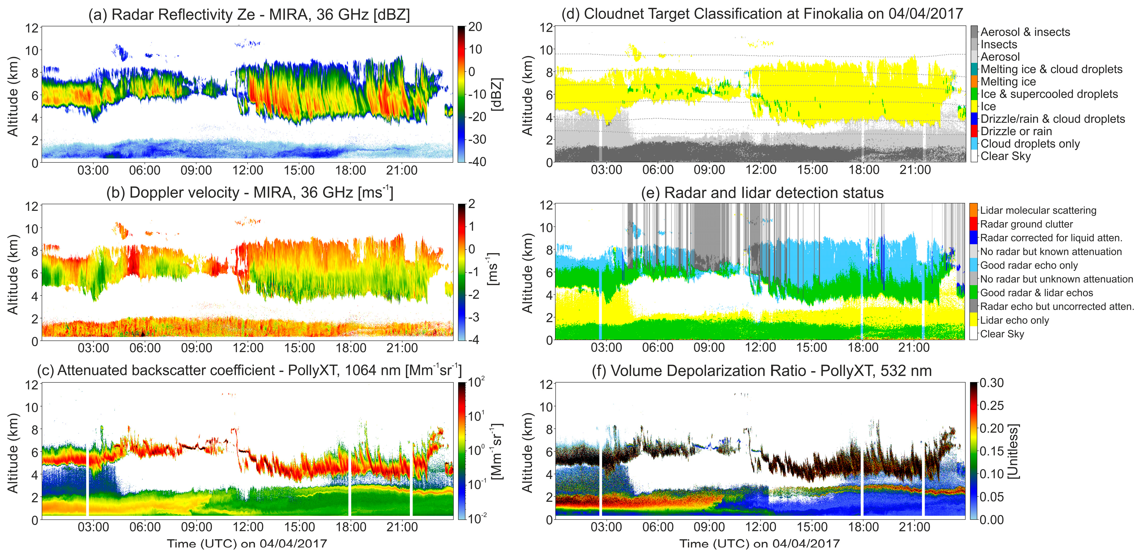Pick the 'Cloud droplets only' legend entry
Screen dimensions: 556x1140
1030,144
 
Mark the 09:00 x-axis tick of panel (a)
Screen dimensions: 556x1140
196,170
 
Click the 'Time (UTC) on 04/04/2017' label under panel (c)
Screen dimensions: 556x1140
247,543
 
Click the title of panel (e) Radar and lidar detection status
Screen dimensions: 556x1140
762,193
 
